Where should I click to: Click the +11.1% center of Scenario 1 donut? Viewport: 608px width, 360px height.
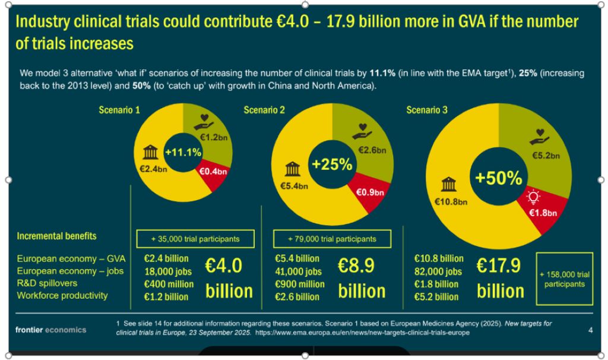pyautogui.click(x=183, y=153)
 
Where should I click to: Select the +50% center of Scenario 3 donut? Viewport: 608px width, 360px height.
pyautogui.click(x=498, y=178)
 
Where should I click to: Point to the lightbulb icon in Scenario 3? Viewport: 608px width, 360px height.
pyautogui.click(x=534, y=196)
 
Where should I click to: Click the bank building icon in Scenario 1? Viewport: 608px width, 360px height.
pyautogui.click(x=150, y=154)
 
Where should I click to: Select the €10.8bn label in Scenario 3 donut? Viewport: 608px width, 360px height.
pyautogui.click(x=452, y=201)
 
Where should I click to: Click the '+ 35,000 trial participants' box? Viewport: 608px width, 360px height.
pyautogui.click(x=195, y=239)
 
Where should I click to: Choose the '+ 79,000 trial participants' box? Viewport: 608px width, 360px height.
pyautogui.click(x=332, y=239)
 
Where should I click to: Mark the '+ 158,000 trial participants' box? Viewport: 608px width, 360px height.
pyautogui.click(x=564, y=279)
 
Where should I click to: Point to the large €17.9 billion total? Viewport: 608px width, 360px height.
pyautogui.click(x=500, y=278)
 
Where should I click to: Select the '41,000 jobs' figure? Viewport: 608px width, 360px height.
pyautogui.click(x=299, y=271)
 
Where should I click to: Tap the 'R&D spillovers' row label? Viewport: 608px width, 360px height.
pyautogui.click(x=47, y=283)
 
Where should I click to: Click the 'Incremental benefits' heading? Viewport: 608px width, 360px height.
pyautogui.click(x=56, y=236)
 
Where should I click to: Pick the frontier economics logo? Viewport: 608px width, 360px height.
pyautogui.click(x=51, y=330)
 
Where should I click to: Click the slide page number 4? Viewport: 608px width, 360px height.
pyautogui.click(x=590, y=330)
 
